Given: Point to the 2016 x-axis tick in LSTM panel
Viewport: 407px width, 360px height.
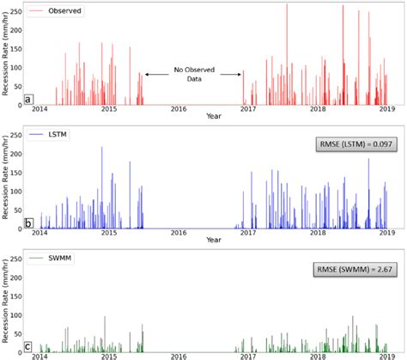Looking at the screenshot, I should click(179, 234).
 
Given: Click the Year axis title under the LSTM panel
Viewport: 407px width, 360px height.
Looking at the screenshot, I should click(213, 241).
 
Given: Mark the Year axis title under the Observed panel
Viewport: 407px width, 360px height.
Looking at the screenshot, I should click(213, 117).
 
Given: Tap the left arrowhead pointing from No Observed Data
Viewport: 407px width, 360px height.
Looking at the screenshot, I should click(146, 75).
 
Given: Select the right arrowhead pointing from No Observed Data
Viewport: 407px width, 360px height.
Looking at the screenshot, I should click(243, 75).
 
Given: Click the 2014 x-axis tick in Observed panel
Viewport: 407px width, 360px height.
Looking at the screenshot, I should click(39, 109).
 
